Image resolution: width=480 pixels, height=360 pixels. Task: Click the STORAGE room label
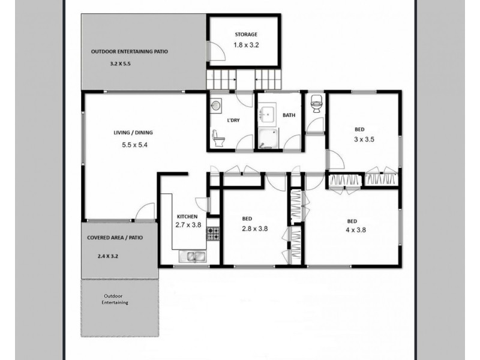point(246,35)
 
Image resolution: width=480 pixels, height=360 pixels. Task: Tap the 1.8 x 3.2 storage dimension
point(246,44)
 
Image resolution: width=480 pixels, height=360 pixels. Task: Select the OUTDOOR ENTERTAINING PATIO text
point(130,52)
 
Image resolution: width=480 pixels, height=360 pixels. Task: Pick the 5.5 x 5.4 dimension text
point(134,144)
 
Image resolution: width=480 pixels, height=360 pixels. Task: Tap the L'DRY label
point(233,121)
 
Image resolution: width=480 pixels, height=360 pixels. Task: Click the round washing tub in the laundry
point(217,106)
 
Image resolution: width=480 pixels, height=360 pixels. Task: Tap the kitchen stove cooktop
point(213,234)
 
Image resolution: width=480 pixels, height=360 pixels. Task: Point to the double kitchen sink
point(192,257)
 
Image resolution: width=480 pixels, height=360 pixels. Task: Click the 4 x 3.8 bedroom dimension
point(356,229)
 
